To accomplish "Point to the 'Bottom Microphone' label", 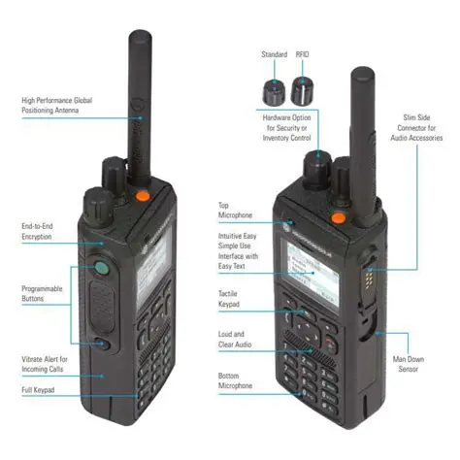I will click(235, 378).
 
